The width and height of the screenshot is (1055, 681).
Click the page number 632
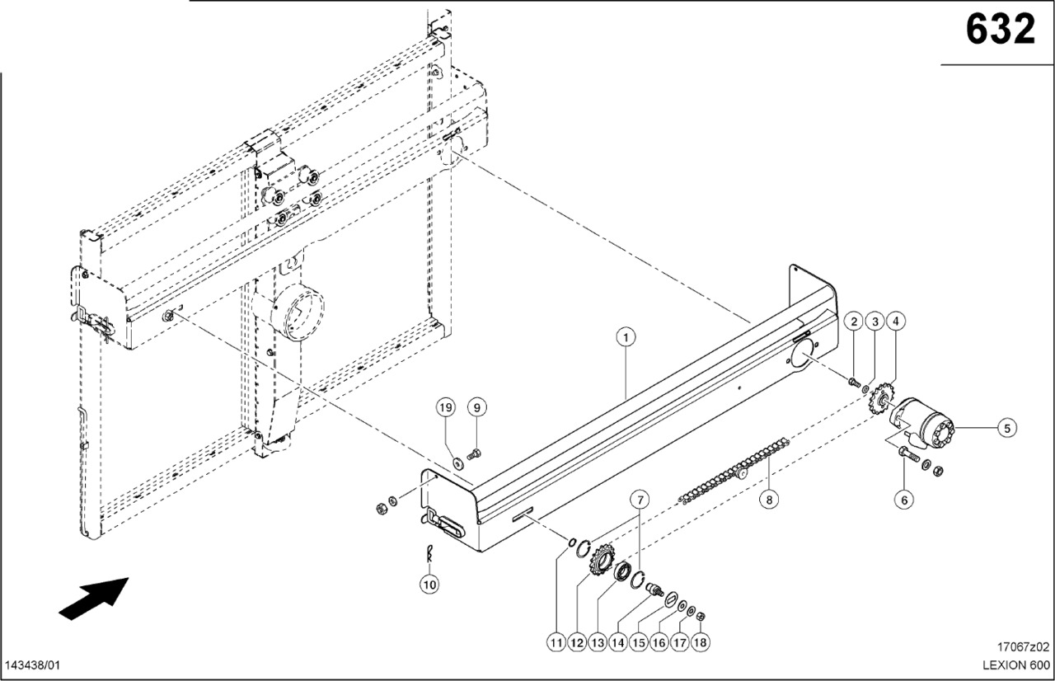tap(1000, 31)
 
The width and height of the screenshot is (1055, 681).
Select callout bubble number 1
tap(626, 336)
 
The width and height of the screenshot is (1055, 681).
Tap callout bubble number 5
tap(1006, 427)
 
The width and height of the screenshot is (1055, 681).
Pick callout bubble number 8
tap(768, 498)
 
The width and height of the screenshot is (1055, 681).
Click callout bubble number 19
tap(446, 407)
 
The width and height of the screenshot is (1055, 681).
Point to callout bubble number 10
tap(429, 585)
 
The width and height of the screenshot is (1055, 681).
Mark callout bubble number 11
tap(556, 641)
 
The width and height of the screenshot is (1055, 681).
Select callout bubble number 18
tap(701, 641)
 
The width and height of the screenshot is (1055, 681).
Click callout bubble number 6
tap(904, 499)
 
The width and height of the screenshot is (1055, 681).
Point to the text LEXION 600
tap(1015, 665)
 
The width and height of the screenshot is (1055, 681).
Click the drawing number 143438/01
tap(33, 665)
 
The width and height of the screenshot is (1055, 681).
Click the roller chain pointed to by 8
tap(734, 473)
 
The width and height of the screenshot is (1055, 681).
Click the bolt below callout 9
tap(475, 453)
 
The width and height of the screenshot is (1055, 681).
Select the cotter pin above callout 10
tap(429, 553)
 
